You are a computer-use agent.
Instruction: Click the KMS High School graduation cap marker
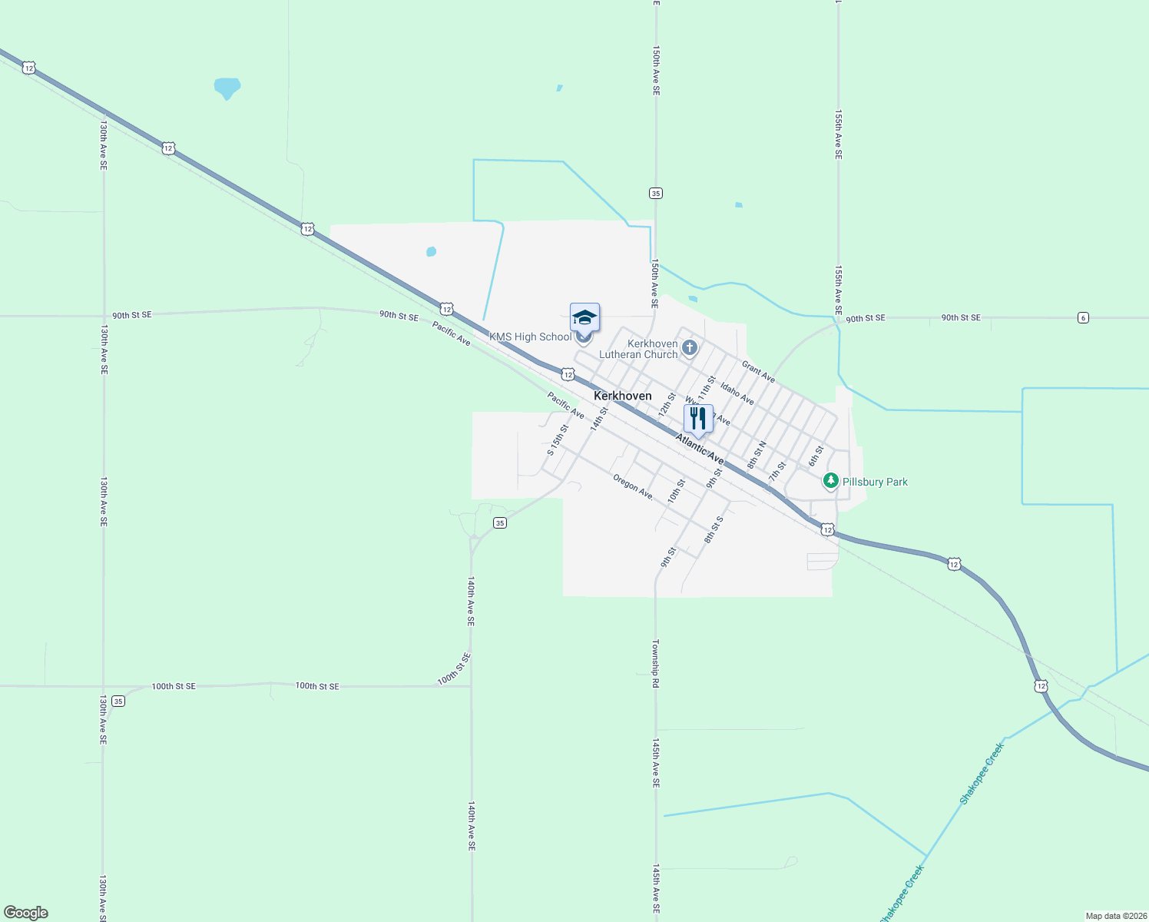(x=584, y=317)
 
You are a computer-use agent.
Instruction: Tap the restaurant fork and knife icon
(x=698, y=419)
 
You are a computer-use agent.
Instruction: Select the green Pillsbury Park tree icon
(x=830, y=481)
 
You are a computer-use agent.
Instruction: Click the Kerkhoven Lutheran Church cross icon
(x=690, y=348)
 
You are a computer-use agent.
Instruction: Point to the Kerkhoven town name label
(x=622, y=396)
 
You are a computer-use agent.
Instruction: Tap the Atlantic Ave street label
(x=699, y=448)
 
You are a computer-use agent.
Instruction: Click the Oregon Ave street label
(x=634, y=487)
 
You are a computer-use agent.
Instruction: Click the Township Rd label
(x=656, y=663)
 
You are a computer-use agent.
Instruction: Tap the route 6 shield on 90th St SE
(x=1083, y=317)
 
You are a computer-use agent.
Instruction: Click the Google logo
(x=26, y=913)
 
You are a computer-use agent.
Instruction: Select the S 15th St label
(x=558, y=439)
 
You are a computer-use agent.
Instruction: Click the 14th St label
(x=599, y=419)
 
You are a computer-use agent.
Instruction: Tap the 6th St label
(x=816, y=456)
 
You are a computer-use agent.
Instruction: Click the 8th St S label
(x=714, y=529)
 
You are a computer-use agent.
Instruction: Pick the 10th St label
(x=676, y=491)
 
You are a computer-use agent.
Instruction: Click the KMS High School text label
(x=531, y=337)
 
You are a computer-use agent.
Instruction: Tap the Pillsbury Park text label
(x=875, y=482)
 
